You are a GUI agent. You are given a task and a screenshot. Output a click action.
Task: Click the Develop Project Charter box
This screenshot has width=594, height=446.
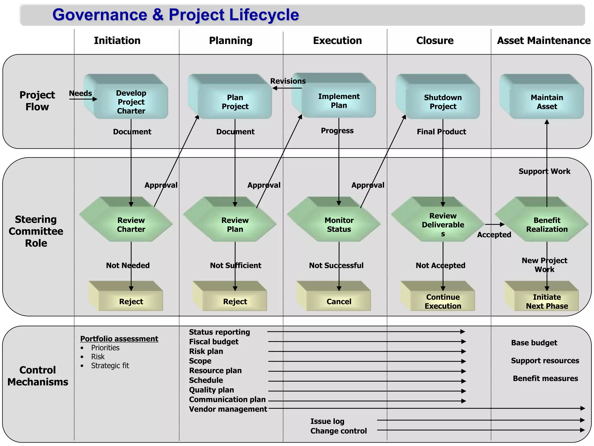click(x=131, y=102)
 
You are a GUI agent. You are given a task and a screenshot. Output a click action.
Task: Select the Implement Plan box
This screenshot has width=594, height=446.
click(x=338, y=100)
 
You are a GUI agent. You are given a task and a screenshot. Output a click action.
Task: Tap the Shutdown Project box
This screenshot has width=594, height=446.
click(x=443, y=102)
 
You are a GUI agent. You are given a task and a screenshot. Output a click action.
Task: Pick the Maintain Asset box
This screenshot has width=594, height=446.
click(x=547, y=102)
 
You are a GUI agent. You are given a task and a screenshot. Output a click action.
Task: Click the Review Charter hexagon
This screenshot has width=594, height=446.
click(x=131, y=224)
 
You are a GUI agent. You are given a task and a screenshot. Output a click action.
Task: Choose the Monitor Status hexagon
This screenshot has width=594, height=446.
click(x=339, y=224)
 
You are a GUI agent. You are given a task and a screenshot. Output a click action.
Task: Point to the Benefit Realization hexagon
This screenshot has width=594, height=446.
click(x=547, y=224)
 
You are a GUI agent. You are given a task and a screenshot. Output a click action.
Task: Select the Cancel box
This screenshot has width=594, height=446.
click(x=339, y=301)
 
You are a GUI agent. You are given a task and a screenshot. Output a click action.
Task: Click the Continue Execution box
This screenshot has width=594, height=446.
click(x=443, y=301)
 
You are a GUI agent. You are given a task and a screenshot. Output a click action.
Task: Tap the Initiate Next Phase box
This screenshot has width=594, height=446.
click(x=547, y=301)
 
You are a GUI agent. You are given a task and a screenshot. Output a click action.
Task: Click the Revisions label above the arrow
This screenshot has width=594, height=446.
click(x=288, y=81)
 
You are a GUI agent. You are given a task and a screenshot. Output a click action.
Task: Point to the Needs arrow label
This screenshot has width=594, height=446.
click(x=80, y=93)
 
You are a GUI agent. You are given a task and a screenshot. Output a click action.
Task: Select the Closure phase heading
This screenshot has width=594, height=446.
click(x=435, y=40)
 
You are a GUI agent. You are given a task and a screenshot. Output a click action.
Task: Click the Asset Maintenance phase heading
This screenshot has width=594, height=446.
click(x=544, y=40)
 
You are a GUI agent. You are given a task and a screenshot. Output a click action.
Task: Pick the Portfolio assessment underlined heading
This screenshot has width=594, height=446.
click(x=119, y=339)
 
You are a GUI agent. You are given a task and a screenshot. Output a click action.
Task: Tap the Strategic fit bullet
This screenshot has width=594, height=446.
click(x=110, y=366)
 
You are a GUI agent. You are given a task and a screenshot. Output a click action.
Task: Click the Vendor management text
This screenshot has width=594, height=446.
click(x=228, y=409)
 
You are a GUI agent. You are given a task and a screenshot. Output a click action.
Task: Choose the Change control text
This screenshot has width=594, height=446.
click(x=338, y=431)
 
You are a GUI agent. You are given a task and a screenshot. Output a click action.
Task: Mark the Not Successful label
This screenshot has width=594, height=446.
click(x=336, y=265)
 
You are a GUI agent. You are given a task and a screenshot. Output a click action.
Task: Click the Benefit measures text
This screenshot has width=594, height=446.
click(x=545, y=378)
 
